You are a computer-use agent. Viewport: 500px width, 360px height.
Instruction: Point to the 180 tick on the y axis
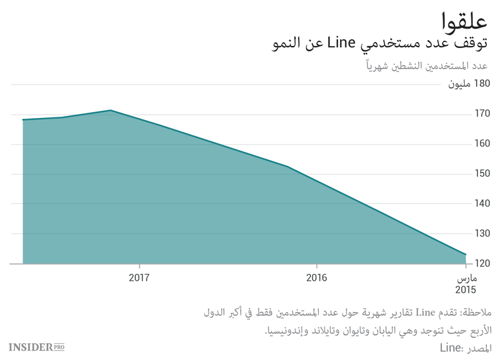tap(482, 84)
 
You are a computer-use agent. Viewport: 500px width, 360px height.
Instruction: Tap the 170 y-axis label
tap(482, 114)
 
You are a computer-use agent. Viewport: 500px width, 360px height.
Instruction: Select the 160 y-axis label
tap(482, 144)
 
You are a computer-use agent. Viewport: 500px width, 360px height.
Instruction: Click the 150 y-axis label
tap(482, 174)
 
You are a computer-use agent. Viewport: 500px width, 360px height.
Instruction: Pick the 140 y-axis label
tap(482, 204)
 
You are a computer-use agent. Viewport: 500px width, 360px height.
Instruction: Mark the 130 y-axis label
tap(482, 234)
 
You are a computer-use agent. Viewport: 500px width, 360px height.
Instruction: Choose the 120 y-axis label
tap(482, 264)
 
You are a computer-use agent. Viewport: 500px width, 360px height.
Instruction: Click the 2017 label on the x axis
tap(139, 277)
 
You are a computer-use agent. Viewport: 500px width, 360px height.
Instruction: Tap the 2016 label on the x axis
tap(316, 277)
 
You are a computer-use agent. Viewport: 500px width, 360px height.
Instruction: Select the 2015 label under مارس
tap(465, 290)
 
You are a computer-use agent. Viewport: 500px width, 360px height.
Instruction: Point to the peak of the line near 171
tap(111, 111)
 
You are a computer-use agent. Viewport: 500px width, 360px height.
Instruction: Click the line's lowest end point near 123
tap(465, 254)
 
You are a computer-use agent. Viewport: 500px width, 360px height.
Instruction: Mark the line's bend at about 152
tap(287, 167)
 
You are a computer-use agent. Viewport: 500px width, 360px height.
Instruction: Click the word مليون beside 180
tap(458, 84)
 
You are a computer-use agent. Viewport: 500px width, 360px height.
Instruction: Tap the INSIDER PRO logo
tap(36, 347)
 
